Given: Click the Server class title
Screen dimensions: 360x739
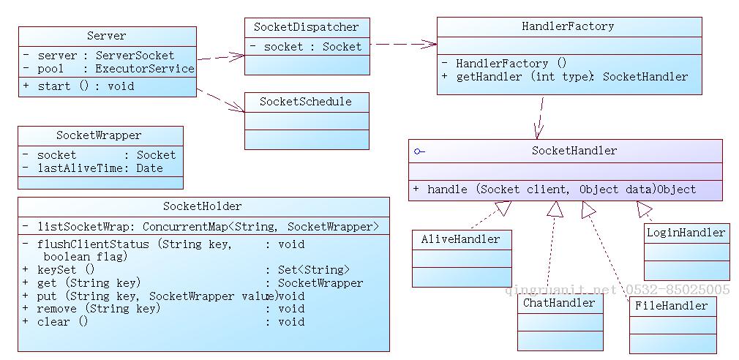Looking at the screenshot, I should pos(107,36).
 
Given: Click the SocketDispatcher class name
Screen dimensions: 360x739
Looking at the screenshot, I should pos(307,27).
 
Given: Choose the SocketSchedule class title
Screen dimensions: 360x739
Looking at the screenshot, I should pos(306,102).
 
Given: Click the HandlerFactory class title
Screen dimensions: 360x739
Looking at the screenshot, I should pos(568,27).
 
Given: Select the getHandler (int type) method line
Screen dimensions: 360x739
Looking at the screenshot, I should pos(571,77).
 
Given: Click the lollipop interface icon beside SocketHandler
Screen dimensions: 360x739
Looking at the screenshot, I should pos(419,151).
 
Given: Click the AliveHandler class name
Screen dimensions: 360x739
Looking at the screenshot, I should pos(461,239).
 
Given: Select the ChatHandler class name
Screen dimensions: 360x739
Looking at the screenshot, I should pos(560,303).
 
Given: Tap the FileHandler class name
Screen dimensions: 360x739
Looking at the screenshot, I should pos(672,306).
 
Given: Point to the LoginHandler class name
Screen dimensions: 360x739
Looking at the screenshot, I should pos(686,233).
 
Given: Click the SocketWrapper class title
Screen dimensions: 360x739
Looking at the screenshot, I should pos(99,135).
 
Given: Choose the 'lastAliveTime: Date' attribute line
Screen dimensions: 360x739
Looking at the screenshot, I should pos(100,168).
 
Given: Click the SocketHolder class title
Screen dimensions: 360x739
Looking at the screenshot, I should pos(203,206).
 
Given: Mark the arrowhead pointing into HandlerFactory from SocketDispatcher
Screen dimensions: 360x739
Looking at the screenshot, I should pos(432,44).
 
